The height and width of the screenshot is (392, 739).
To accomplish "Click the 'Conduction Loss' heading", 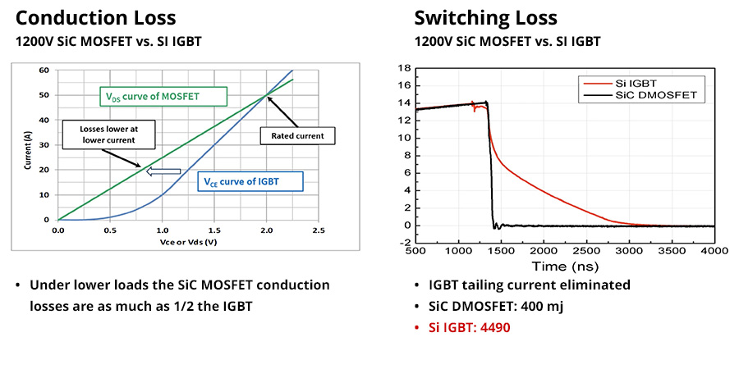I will tap(95, 18).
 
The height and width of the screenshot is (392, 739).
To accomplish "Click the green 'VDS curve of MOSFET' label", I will tap(162, 97).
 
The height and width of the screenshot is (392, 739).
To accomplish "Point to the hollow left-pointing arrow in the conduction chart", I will tap(162, 171).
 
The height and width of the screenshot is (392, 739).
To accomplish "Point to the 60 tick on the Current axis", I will tap(44, 71).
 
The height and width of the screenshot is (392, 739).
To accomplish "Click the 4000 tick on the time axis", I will tap(714, 250).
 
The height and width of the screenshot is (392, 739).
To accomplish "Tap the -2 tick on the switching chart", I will tap(403, 243).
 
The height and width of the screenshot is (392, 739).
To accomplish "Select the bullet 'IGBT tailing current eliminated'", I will tap(529, 285).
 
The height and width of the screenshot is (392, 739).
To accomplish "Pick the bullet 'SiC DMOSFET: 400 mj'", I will tap(497, 306).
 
